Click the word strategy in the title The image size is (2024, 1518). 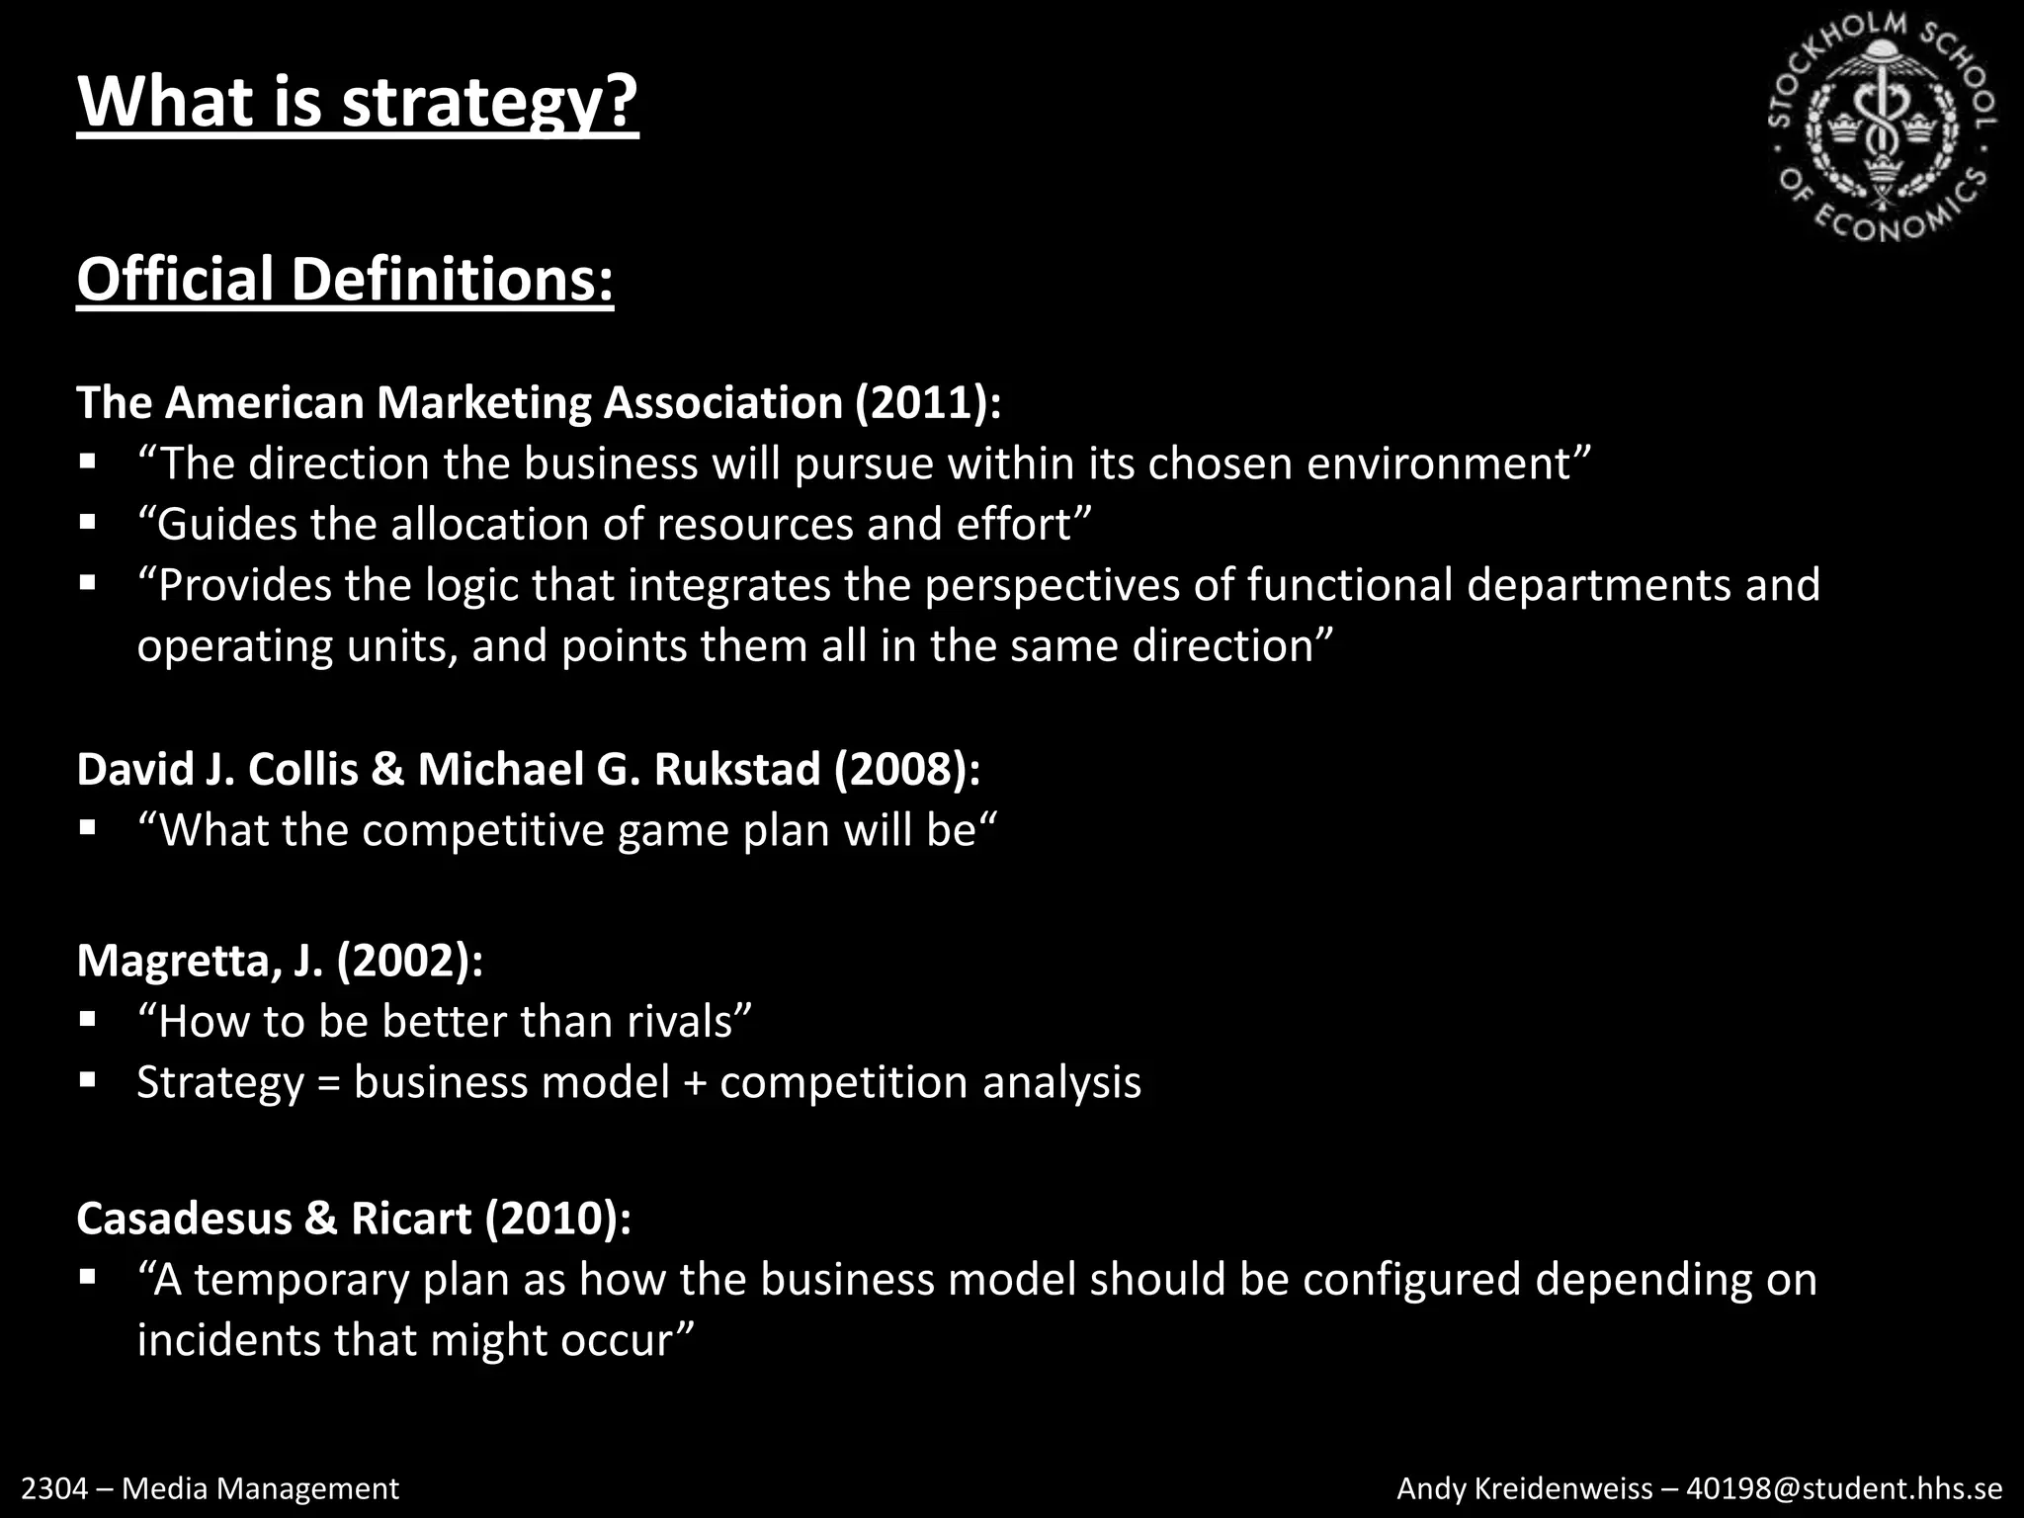pos(489,103)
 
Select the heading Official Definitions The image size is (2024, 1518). pos(345,280)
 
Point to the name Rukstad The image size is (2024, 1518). pos(736,770)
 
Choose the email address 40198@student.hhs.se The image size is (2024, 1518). pos(1844,1488)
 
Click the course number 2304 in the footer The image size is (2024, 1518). pos(53,1488)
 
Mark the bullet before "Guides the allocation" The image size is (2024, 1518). pos(88,522)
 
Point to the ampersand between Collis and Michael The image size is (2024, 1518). pos(387,770)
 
